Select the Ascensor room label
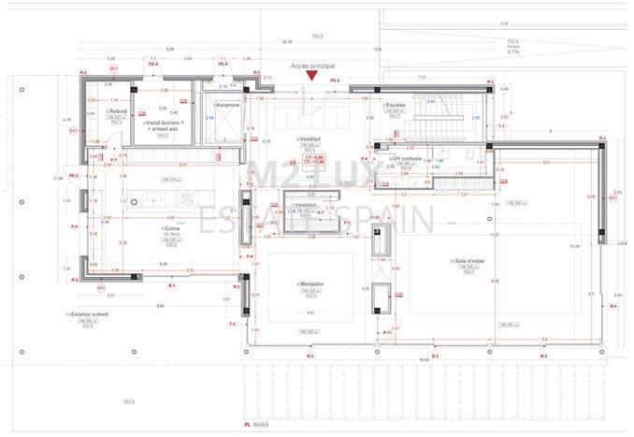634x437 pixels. pos(228,105)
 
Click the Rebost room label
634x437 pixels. pos(117,111)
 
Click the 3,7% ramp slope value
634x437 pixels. pos(513,52)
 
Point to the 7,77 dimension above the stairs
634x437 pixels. pos(421,78)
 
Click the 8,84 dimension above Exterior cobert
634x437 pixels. pos(160,305)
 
